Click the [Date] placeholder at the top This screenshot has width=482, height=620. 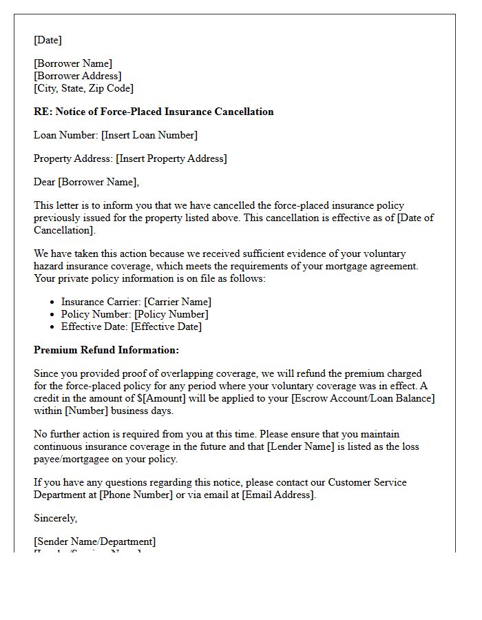pyautogui.click(x=48, y=40)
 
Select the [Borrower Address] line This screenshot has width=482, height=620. pyautogui.click(x=77, y=76)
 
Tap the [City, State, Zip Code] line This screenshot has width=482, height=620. pyautogui.click(x=83, y=88)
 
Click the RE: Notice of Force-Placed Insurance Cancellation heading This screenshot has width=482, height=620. pyautogui.click(x=154, y=112)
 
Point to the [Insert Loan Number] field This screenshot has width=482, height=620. pyautogui.click(x=149, y=135)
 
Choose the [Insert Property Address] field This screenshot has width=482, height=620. pyautogui.click(x=171, y=158)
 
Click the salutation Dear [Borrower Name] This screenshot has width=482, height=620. pyautogui.click(x=86, y=182)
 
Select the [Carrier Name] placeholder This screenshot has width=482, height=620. pyautogui.click(x=178, y=302)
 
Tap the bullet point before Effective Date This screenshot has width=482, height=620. pyautogui.click(x=53, y=327)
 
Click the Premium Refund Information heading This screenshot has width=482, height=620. pyautogui.click(x=106, y=350)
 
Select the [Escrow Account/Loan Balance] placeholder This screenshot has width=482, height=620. pyautogui.click(x=362, y=398)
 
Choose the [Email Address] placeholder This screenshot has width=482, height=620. pyautogui.click(x=278, y=495)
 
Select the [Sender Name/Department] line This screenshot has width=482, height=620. pyautogui.click(x=94, y=541)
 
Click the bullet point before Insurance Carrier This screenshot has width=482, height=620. pyautogui.click(x=53, y=302)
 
